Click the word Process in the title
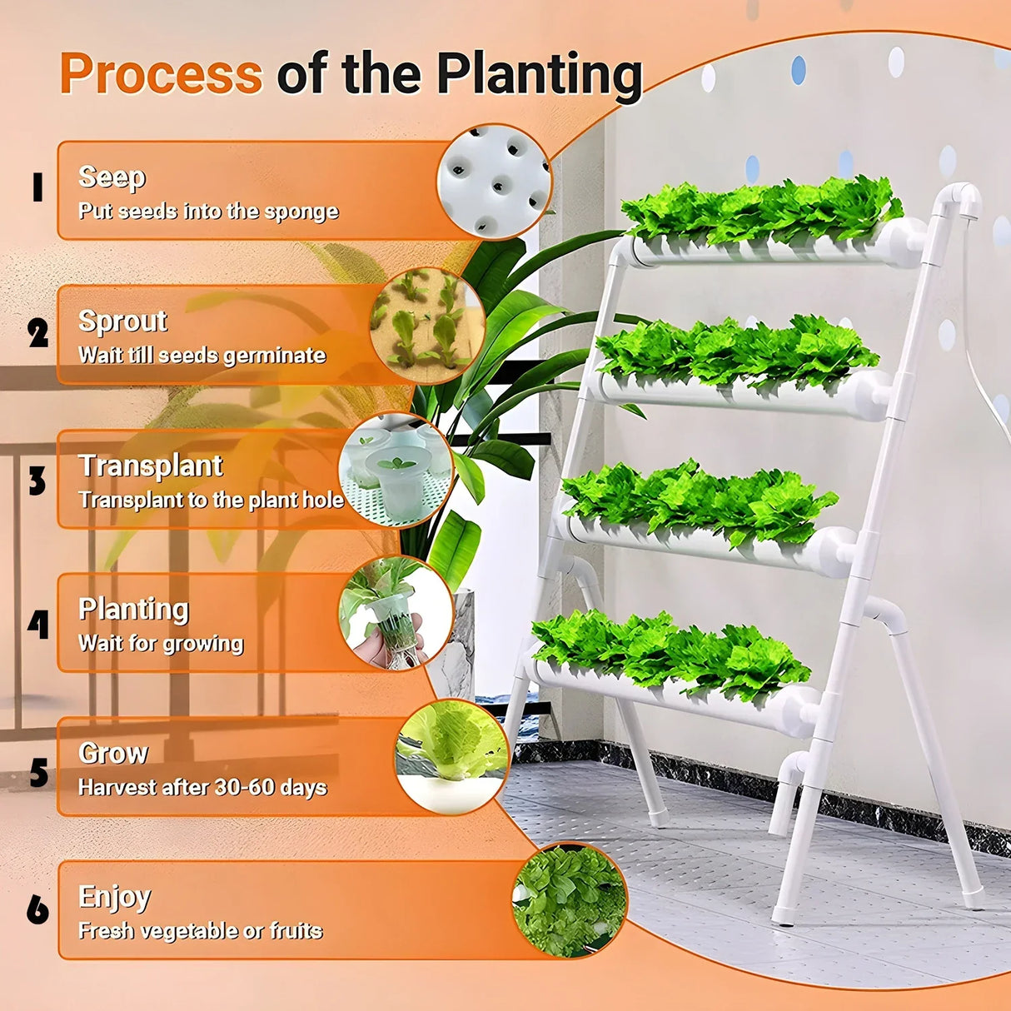tap(161, 74)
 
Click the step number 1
tap(37, 187)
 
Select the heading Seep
tap(112, 177)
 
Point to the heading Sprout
tap(122, 321)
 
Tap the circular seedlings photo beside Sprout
tap(427, 326)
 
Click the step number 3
tap(37, 481)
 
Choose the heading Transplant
tap(151, 466)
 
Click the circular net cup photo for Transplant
tap(396, 471)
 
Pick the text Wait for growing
tap(161, 643)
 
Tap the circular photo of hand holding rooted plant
tap(396, 615)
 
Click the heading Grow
tap(113, 753)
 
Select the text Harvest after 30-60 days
tap(202, 787)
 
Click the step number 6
tap(37, 909)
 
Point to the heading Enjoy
tap(115, 897)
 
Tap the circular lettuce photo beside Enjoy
tap(569, 900)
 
